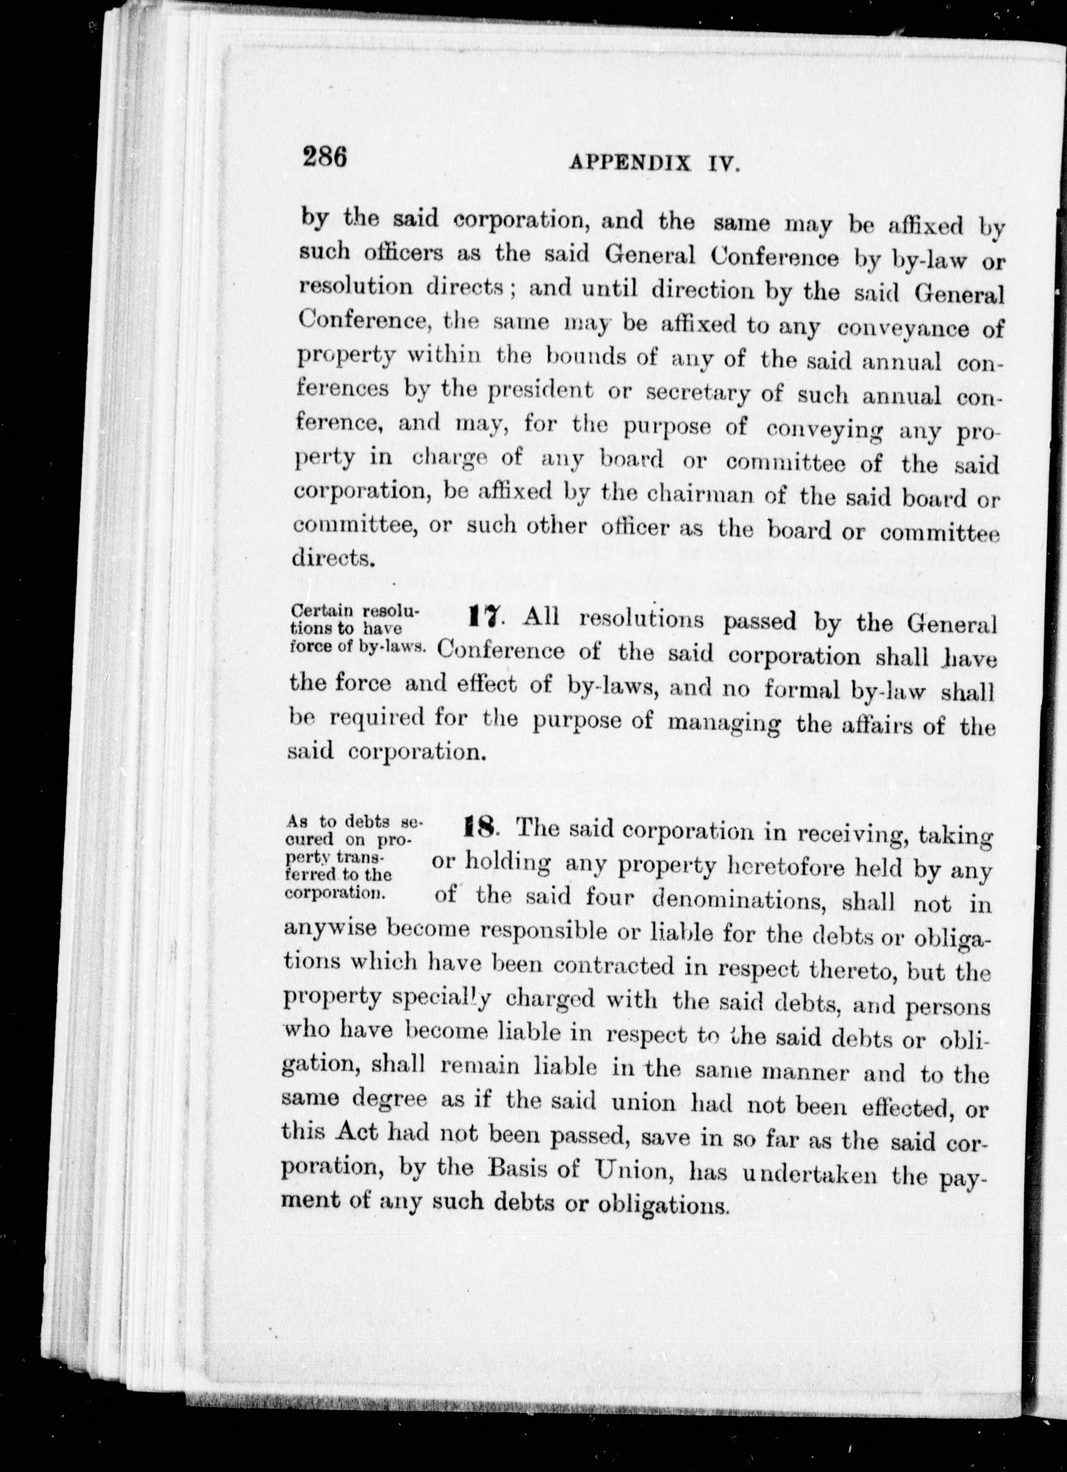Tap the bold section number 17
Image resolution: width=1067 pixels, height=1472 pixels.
coord(483,617)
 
